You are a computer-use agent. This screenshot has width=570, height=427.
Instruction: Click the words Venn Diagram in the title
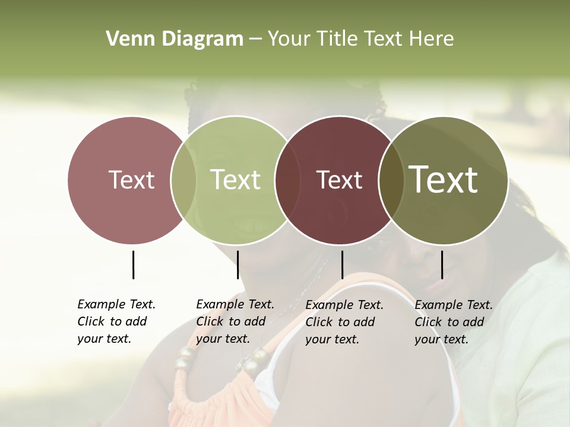(175, 39)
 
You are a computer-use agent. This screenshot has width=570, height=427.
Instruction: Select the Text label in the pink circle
(131, 180)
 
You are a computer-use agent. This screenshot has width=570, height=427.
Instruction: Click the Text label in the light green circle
(236, 180)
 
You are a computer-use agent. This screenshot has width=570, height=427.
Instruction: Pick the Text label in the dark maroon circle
(339, 180)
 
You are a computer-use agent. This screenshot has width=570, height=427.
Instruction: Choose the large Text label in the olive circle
(444, 180)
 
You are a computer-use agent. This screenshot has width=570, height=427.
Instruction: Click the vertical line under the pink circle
(133, 265)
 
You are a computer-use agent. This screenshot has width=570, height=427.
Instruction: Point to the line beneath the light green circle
(237, 265)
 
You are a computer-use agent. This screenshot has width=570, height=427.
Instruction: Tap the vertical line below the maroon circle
(342, 265)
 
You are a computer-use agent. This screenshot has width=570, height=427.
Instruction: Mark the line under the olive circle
(442, 265)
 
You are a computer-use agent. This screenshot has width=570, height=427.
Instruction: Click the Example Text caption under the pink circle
(116, 321)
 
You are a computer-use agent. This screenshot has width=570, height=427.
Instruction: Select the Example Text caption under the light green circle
(235, 321)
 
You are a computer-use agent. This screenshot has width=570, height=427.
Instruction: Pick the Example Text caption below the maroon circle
(344, 322)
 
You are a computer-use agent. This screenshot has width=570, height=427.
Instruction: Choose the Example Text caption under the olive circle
(453, 322)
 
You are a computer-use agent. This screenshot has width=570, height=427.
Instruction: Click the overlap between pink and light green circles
(183, 180)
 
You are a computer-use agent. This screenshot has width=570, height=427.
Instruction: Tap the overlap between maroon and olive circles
(391, 180)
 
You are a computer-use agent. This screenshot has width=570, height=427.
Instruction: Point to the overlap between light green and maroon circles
(287, 180)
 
